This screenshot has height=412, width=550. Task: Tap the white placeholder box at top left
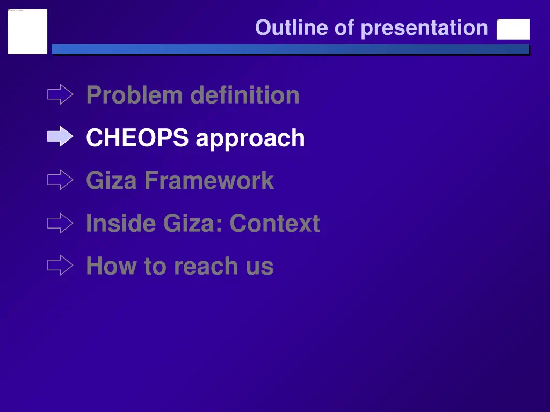coord(27,32)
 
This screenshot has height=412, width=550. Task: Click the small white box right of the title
coord(513,30)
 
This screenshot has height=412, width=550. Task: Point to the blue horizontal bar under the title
coord(290,49)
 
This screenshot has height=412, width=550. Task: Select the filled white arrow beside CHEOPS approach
coord(60,137)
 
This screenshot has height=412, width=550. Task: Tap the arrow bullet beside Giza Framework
coord(60,180)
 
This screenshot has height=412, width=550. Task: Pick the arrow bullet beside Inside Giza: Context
coord(60,223)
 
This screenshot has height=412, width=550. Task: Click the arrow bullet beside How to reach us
coord(60,265)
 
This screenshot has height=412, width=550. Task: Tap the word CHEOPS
coord(137,138)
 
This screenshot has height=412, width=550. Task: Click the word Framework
coord(208,181)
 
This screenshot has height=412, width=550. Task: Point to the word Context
coord(274,224)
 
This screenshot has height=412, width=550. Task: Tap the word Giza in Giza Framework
coord(111,181)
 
